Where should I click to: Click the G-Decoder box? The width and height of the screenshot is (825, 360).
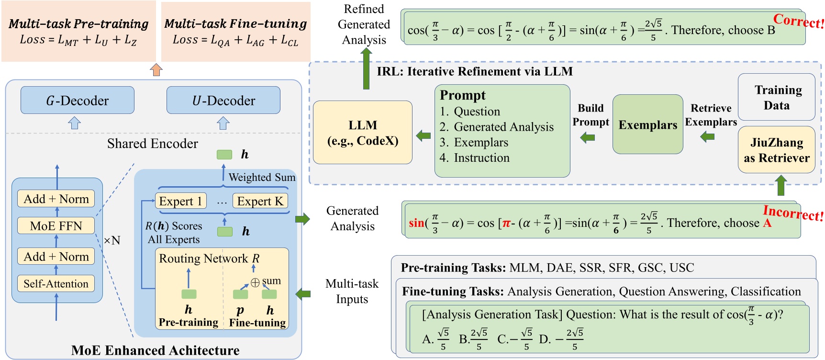point(77,100)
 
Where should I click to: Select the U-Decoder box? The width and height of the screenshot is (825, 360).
point(223,100)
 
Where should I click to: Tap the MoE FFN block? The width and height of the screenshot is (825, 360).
point(56,225)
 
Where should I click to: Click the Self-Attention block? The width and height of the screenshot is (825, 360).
point(56,283)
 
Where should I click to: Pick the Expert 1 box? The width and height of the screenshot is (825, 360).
point(180,201)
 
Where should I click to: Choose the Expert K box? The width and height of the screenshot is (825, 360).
point(260,201)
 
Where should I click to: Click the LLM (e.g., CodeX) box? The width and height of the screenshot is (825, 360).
point(362,133)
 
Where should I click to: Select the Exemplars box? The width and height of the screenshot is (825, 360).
point(647,124)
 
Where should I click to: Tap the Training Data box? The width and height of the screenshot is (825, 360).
point(776,97)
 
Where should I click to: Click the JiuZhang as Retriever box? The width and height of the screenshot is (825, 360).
point(776,150)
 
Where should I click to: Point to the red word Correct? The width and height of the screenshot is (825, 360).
point(798,21)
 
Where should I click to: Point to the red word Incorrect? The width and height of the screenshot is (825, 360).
point(792,213)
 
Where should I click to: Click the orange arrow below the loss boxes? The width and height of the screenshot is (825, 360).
point(156,69)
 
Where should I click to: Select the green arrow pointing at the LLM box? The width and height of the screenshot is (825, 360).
point(423,135)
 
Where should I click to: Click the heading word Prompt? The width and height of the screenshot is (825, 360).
point(462,95)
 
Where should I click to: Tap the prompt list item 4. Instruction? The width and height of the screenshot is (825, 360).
point(474,157)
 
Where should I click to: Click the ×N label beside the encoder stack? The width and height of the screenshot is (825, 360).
point(112,240)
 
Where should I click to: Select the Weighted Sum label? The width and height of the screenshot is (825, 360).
point(262,177)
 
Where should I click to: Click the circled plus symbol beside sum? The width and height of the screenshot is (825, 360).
point(255,283)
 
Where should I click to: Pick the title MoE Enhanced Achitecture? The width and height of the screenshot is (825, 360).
point(155,350)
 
